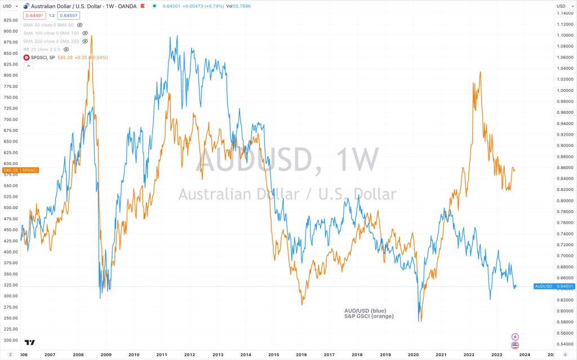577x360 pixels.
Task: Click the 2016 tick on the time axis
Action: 301,355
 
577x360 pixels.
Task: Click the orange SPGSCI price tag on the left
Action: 20,170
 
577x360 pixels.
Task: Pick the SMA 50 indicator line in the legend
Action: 49,25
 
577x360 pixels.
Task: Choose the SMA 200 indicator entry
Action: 51,41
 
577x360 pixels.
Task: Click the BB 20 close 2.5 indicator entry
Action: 43,50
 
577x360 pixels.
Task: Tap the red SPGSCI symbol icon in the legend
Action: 26,57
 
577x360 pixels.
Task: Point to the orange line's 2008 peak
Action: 92,36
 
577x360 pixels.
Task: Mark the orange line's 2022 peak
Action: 480,72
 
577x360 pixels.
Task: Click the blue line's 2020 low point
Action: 419,321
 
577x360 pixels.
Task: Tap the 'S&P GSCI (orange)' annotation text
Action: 369,316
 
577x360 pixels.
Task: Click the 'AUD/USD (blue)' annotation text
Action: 366,310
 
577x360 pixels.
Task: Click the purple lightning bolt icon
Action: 514,336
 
